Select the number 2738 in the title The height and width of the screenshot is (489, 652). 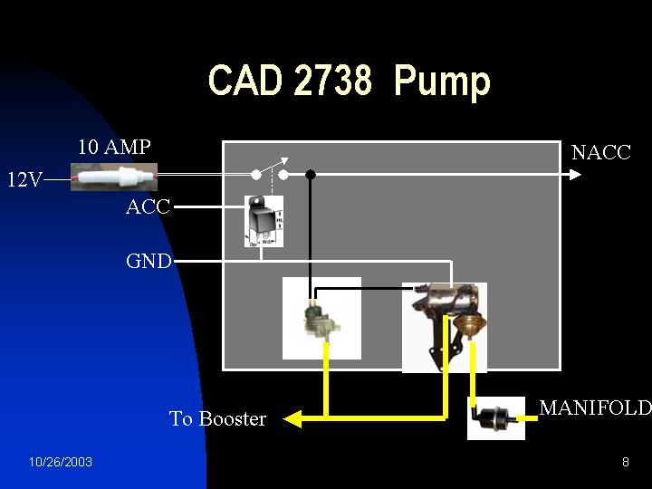click(332, 81)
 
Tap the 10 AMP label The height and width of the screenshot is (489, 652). click(114, 147)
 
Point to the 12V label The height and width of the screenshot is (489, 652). click(24, 179)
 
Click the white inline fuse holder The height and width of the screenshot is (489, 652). click(114, 176)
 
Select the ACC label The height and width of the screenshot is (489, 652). click(148, 206)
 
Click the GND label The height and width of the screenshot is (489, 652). click(149, 262)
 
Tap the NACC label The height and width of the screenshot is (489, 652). click(600, 152)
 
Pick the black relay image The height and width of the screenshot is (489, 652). click(264, 220)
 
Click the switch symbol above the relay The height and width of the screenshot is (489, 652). click(270, 171)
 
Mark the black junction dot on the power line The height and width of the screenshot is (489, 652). click(310, 174)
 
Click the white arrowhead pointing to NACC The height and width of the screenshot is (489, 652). click(575, 174)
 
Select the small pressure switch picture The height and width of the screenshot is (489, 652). click(321, 318)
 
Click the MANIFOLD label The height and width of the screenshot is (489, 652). click(595, 407)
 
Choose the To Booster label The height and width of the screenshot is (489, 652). click(217, 419)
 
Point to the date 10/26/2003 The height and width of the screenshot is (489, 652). click(60, 463)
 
